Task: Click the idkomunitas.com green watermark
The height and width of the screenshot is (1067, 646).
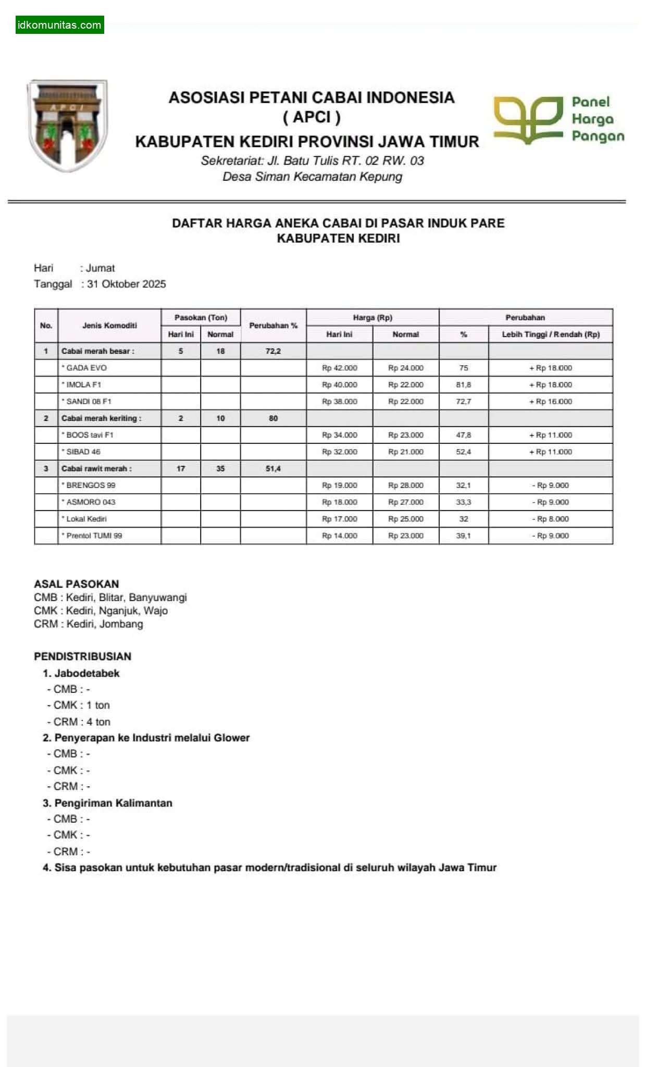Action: click(x=59, y=25)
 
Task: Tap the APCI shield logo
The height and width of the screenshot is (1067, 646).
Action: click(x=68, y=125)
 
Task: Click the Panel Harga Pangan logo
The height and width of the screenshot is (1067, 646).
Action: click(x=558, y=119)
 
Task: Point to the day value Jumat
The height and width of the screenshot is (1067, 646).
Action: click(x=101, y=268)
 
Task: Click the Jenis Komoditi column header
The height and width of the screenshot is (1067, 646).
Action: click(x=109, y=326)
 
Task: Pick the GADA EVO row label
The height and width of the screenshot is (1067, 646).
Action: click(x=86, y=368)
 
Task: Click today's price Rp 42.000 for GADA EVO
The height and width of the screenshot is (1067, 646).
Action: click(x=340, y=368)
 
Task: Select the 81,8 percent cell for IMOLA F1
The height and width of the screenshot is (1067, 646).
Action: click(x=464, y=384)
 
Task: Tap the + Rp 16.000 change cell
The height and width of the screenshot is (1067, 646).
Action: click(x=551, y=401)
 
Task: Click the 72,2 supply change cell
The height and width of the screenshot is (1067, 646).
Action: click(x=273, y=351)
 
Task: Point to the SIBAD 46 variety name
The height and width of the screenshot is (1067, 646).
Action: click(x=83, y=452)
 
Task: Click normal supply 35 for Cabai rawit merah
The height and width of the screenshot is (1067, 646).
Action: click(x=220, y=468)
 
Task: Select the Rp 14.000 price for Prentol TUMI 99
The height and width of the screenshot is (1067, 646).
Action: click(x=340, y=536)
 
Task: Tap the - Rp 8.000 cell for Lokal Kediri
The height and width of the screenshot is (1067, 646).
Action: click(x=551, y=519)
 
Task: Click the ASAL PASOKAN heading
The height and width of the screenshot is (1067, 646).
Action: click(x=77, y=584)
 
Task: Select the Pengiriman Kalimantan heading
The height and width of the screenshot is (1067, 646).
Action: click(x=113, y=803)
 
